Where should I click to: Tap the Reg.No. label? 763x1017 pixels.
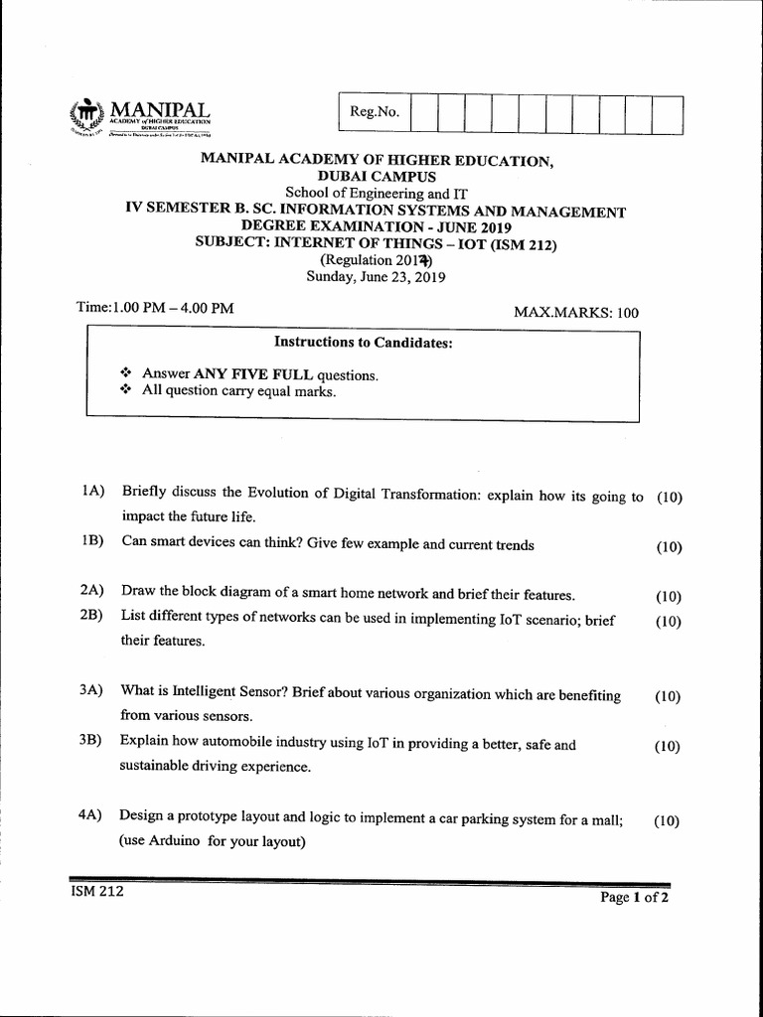pos(375,113)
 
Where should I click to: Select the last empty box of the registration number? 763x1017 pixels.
pos(668,114)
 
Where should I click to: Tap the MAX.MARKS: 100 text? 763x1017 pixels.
pos(575,312)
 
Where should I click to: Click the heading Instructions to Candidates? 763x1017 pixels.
pos(363,343)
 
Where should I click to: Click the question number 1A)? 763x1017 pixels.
pos(93,492)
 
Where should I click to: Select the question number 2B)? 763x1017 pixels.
pos(93,616)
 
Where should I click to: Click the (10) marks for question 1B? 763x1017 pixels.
pos(669,546)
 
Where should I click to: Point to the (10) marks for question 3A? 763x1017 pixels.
pos(668,696)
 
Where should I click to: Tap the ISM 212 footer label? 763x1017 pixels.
pos(97,891)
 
